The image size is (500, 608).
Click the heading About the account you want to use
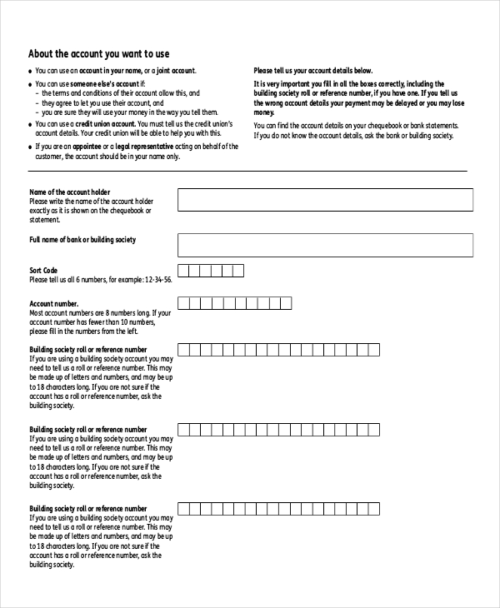pyautogui.click(x=98, y=52)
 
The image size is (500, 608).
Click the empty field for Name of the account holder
pyautogui.click(x=325, y=200)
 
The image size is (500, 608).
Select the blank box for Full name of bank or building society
pyautogui.click(x=325, y=245)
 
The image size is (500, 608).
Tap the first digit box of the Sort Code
pyautogui.click(x=184, y=271)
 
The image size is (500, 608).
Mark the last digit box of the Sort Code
pyautogui.click(x=237, y=271)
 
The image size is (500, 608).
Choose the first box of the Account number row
pyautogui.click(x=184, y=303)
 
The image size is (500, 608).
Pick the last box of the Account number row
pyautogui.click(x=284, y=303)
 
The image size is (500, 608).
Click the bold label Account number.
pyautogui.click(x=54, y=304)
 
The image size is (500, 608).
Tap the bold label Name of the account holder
pyautogui.click(x=69, y=192)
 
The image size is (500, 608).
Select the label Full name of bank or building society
pyautogui.click(x=82, y=240)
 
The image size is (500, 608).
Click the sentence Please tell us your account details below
pyautogui.click(x=312, y=71)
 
